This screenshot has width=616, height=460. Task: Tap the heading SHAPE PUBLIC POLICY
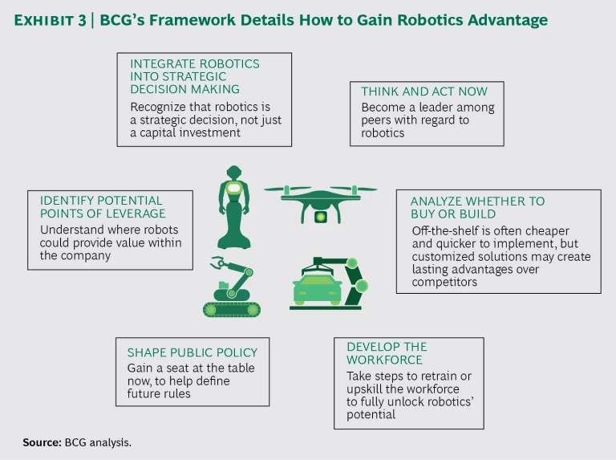(x=192, y=352)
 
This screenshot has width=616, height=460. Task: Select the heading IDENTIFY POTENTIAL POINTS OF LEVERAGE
(x=102, y=206)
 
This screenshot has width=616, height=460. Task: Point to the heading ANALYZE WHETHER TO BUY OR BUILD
(x=477, y=207)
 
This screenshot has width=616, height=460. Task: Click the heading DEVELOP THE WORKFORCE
(x=387, y=353)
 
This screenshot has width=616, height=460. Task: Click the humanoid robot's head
(x=233, y=173)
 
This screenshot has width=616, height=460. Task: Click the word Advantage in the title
(x=507, y=20)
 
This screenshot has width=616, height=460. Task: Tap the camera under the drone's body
(x=320, y=217)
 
